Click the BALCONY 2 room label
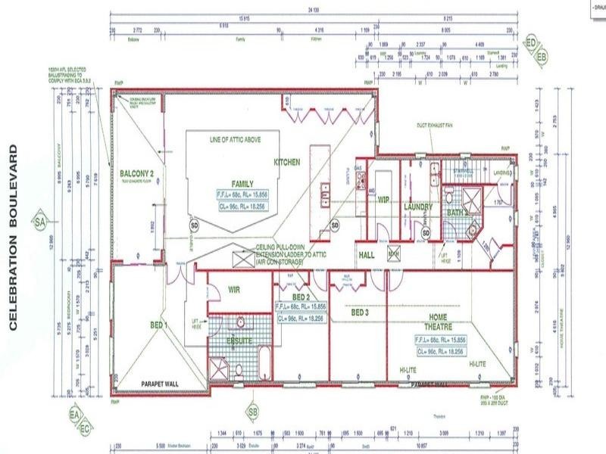(x=137, y=173)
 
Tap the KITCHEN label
(x=287, y=162)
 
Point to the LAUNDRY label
(x=417, y=207)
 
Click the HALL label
(x=367, y=255)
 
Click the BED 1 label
(x=160, y=325)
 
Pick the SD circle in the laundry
(x=426, y=233)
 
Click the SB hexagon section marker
(x=253, y=412)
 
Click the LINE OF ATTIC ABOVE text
(x=238, y=141)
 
